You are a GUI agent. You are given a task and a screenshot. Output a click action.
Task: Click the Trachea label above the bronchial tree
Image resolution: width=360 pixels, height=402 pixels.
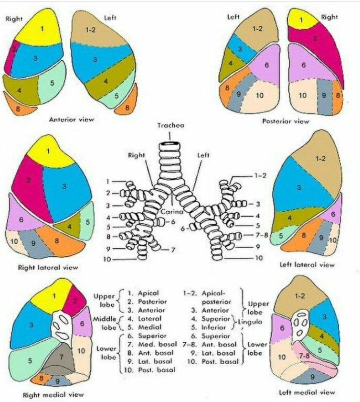click(171, 125)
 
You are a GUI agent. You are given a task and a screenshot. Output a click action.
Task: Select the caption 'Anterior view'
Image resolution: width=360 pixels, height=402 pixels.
click(71, 120)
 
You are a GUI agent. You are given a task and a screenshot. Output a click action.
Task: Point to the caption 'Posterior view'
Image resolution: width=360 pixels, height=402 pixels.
click(286, 121)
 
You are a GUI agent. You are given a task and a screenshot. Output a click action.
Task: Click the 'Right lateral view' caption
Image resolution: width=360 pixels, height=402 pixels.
click(48, 267)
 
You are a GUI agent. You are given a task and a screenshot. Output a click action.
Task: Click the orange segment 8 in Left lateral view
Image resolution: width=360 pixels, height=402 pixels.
click(304, 235)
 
